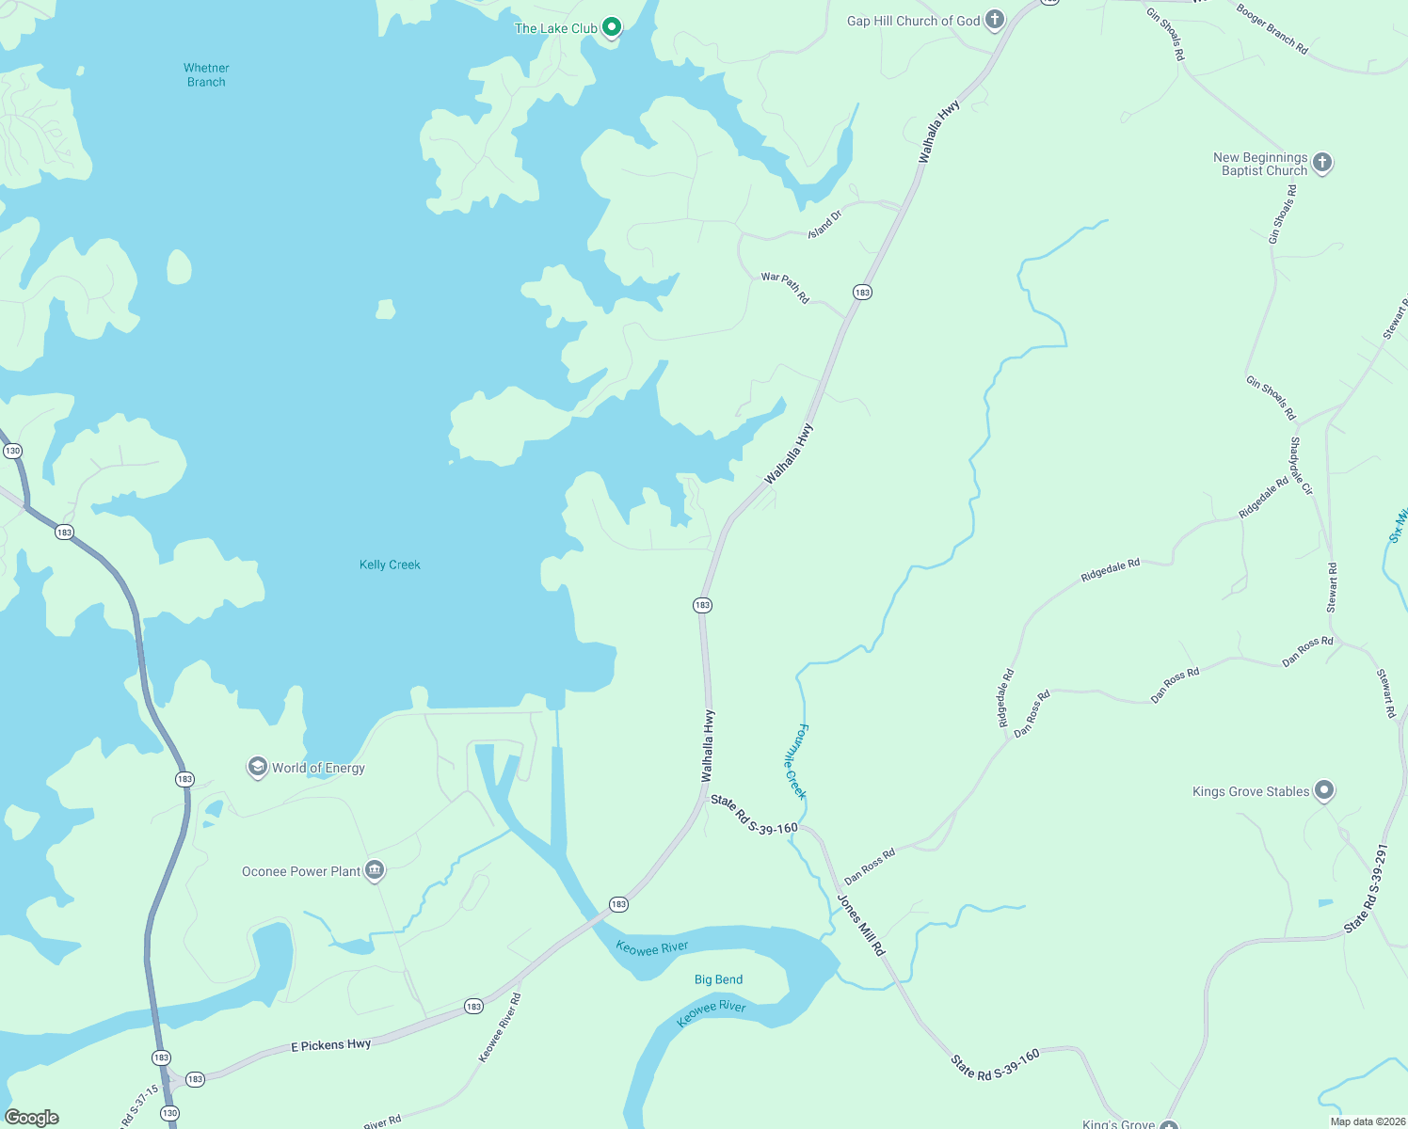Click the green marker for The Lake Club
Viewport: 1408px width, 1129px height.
pyautogui.click(x=612, y=27)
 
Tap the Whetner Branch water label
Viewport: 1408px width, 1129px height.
pyautogui.click(x=206, y=75)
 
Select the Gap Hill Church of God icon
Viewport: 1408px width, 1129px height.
pyautogui.click(x=995, y=20)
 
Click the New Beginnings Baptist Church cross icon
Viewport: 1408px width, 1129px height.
pyautogui.click(x=1322, y=163)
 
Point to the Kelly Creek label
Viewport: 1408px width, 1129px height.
pyautogui.click(x=390, y=564)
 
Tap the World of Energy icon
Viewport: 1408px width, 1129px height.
pyautogui.click(x=257, y=768)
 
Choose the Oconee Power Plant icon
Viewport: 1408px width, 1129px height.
pyautogui.click(x=375, y=871)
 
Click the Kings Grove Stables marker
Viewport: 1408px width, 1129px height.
pyautogui.click(x=1324, y=790)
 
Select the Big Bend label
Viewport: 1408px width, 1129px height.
pyautogui.click(x=718, y=979)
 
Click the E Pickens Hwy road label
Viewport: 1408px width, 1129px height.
pyautogui.click(x=330, y=1045)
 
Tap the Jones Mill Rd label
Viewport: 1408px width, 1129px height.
pyautogui.click(x=862, y=926)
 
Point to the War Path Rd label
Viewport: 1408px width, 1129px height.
pyautogui.click(x=785, y=288)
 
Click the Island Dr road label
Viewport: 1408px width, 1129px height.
pyautogui.click(x=824, y=224)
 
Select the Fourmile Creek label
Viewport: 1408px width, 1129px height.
pyautogui.click(x=795, y=761)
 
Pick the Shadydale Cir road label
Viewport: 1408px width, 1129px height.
pyautogui.click(x=1301, y=466)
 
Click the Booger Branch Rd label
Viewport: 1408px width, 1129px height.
pyautogui.click(x=1272, y=28)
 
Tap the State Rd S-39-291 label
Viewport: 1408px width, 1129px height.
pyautogui.click(x=1367, y=888)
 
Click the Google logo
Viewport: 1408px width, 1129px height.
pyautogui.click(x=32, y=1118)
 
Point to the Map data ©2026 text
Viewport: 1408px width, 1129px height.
pyautogui.click(x=1365, y=1121)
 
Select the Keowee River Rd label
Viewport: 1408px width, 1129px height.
pyautogui.click(x=500, y=1027)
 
